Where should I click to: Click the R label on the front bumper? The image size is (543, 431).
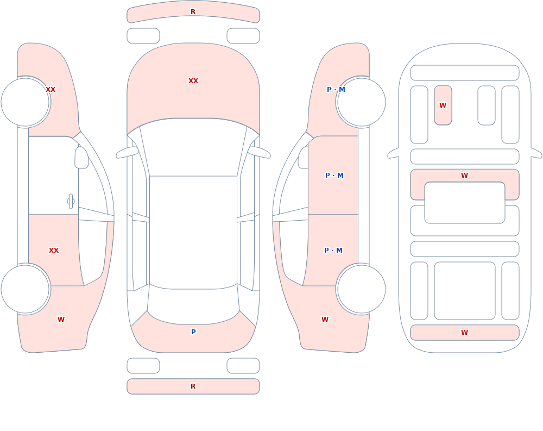[x=193, y=12]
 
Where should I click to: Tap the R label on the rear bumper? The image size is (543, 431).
[x=193, y=386]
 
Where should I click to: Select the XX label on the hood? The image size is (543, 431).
[x=193, y=81]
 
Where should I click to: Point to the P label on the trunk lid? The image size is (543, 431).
[x=193, y=332]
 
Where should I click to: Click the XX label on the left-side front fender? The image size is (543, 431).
[x=50, y=90]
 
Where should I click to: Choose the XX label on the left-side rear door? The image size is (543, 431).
[x=54, y=251]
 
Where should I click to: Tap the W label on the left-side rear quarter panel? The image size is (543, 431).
[x=61, y=320]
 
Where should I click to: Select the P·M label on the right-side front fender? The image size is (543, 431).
[x=336, y=90]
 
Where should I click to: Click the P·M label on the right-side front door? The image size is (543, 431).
[x=334, y=176]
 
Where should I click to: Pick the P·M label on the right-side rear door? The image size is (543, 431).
[x=333, y=251]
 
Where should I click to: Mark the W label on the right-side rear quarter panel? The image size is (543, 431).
[x=325, y=320]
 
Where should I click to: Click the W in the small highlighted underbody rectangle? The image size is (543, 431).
[x=443, y=105]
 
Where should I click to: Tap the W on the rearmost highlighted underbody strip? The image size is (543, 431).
[x=464, y=333]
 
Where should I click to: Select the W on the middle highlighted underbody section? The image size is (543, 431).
[x=464, y=176]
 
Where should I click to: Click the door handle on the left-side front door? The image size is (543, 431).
[x=71, y=202]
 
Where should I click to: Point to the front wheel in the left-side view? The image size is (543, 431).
[x=26, y=102]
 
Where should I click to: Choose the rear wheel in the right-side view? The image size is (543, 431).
[x=361, y=289]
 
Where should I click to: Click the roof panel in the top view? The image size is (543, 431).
[x=193, y=232]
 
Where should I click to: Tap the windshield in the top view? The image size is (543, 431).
[x=193, y=147]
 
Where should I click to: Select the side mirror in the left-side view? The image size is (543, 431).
[x=81, y=158]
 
